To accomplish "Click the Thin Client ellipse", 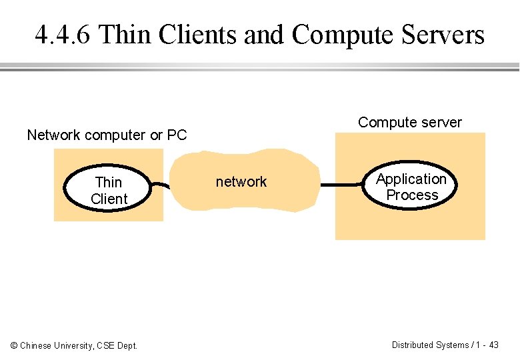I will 109,190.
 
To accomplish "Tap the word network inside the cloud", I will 241,182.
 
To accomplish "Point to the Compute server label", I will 409,123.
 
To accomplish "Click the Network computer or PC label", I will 107,135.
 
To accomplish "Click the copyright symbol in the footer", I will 14,345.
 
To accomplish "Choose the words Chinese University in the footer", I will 57,345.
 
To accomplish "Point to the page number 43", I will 493,345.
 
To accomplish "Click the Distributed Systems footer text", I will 430,345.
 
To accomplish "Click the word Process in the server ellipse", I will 412,195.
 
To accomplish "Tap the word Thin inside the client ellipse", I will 109,182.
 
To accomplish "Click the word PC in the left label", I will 177,135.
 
